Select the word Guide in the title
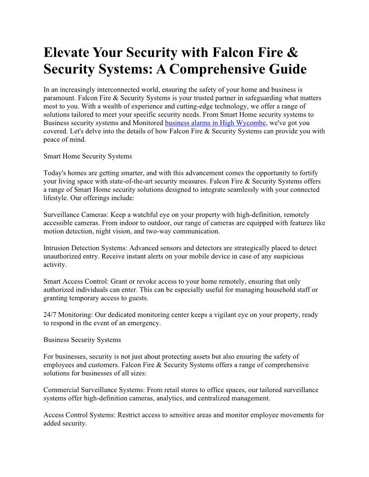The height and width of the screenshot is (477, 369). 284,69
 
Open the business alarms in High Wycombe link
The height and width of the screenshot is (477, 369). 215,123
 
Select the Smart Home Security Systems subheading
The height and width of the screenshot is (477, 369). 88,156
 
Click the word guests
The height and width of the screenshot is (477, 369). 138,298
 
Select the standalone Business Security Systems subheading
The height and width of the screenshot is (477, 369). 82,340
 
